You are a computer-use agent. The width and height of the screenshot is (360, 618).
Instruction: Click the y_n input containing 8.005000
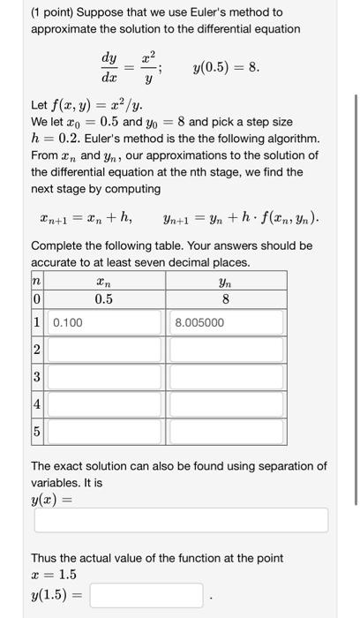[228, 323]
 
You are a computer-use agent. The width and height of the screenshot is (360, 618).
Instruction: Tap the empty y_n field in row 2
[228, 350]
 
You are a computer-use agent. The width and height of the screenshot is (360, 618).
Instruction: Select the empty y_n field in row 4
[228, 405]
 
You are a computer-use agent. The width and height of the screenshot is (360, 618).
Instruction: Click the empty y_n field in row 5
[228, 432]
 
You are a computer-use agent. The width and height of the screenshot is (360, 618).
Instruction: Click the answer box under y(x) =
[181, 520]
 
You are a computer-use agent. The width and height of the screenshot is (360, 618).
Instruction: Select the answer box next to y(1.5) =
[146, 595]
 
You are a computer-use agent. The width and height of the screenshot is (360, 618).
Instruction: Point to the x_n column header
[104, 280]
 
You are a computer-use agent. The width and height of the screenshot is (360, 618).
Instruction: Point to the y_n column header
[228, 280]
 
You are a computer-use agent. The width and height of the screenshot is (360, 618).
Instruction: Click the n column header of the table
[37, 280]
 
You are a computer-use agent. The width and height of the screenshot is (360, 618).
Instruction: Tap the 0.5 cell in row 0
[104, 298]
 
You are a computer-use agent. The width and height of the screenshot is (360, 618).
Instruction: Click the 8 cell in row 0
[228, 298]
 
